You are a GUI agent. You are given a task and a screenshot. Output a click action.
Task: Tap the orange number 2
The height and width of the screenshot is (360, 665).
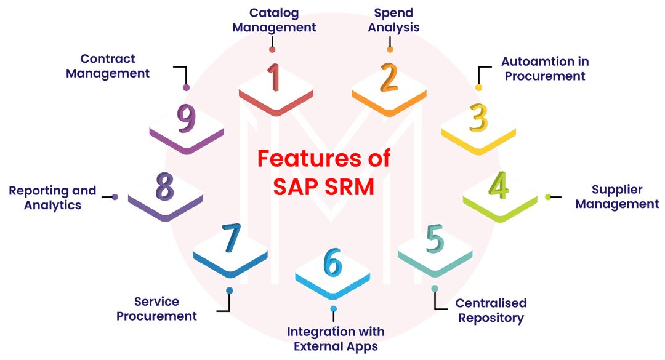pyautogui.click(x=389, y=78)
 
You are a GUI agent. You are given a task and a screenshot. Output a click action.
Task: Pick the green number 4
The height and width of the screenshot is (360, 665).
pyautogui.click(x=499, y=186)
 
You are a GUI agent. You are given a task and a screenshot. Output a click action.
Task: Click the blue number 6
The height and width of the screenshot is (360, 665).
pyautogui.click(x=332, y=263)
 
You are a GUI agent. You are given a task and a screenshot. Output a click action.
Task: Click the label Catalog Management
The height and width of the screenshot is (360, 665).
pyautogui.click(x=273, y=20)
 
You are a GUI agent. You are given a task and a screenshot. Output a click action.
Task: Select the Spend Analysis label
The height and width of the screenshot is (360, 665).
pyautogui.click(x=393, y=20)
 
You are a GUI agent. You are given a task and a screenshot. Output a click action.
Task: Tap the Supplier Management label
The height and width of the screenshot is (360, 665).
pyautogui.click(x=617, y=197)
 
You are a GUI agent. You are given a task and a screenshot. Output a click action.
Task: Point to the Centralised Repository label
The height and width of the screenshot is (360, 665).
pyautogui.click(x=491, y=311)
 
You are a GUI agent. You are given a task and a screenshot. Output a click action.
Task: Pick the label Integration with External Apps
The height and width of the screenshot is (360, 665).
pyautogui.click(x=335, y=339)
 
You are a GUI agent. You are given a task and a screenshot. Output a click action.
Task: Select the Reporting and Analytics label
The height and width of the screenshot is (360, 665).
pyautogui.click(x=52, y=198)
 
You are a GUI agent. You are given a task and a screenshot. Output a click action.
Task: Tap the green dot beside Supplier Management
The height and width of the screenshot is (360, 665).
pyautogui.click(x=548, y=197)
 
